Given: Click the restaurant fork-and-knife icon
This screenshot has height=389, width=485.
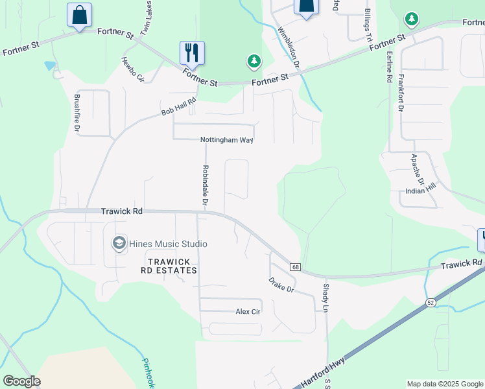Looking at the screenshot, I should (x=192, y=53).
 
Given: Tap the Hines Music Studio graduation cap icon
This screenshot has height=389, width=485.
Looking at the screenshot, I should (x=119, y=244).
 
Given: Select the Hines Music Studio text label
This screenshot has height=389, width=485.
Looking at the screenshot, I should (x=168, y=244).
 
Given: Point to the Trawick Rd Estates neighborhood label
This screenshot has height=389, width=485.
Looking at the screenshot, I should (x=172, y=266).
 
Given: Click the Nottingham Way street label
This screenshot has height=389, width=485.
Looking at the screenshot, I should (x=226, y=140).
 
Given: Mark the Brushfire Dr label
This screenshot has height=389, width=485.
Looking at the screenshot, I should (x=77, y=114).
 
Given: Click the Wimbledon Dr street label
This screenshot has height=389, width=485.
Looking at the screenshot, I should (x=289, y=47).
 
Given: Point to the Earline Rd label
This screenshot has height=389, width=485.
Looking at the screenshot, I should (x=389, y=65).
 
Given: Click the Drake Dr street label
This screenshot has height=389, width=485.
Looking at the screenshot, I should (x=281, y=285).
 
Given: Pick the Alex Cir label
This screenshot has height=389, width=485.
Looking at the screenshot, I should (x=248, y=312).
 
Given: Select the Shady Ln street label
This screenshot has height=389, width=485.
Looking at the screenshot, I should (x=326, y=297).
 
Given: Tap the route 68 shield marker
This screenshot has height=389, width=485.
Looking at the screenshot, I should (x=295, y=267).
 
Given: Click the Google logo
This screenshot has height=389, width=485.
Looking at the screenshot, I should (x=21, y=381).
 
